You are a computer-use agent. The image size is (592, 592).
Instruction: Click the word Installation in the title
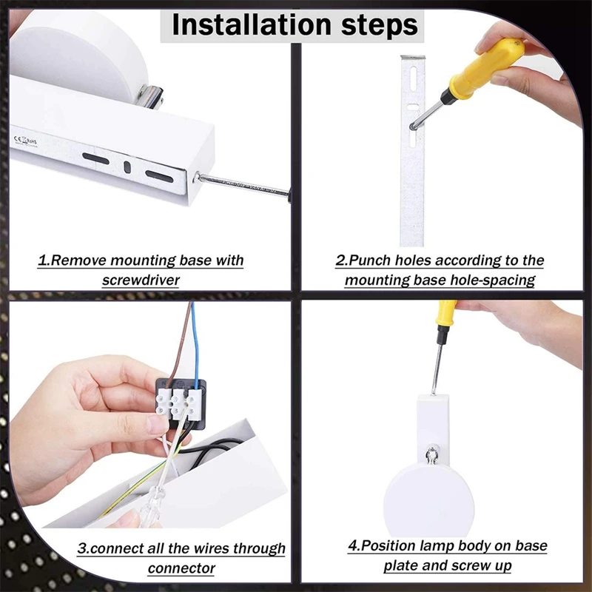[252, 25]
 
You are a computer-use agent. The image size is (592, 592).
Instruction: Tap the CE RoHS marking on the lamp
[26, 141]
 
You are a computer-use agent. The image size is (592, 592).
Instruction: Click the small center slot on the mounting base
[127, 167]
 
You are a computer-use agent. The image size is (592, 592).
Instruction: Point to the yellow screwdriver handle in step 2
[486, 68]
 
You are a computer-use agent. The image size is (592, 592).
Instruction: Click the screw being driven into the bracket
[414, 127]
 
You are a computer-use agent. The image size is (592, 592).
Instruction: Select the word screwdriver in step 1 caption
[141, 280]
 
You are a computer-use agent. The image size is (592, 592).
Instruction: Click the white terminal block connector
[178, 405]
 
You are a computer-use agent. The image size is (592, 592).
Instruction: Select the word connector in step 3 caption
[181, 568]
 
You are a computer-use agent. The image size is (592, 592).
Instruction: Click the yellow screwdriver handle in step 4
[446, 313]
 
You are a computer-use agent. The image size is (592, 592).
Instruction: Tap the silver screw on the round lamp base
[432, 454]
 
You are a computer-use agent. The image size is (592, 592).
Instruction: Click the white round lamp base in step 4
[428, 499]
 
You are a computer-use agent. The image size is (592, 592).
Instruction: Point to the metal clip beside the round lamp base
[151, 95]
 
